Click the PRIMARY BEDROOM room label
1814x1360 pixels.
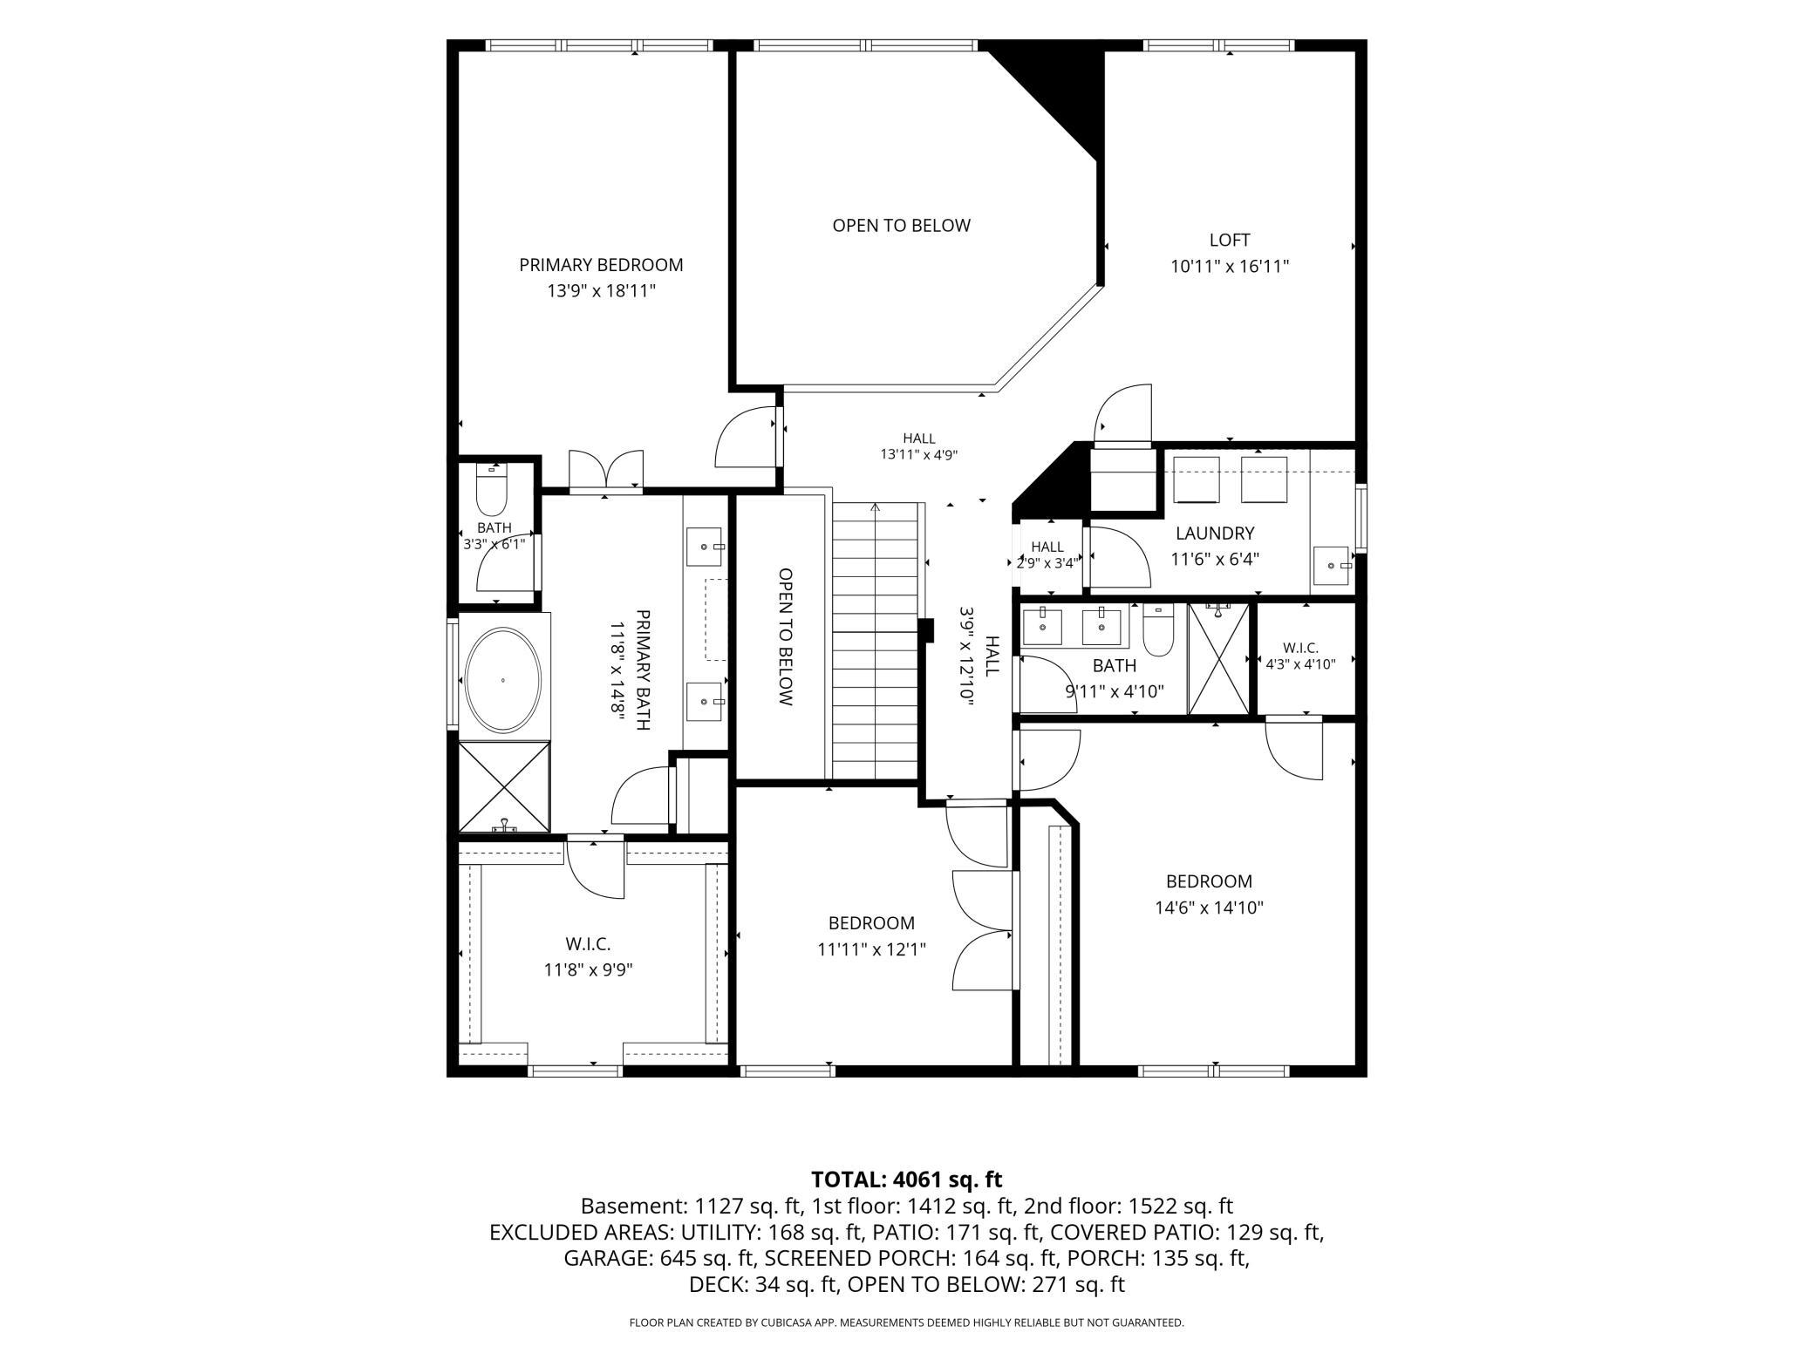601,265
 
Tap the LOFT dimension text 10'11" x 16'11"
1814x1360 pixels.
1229,267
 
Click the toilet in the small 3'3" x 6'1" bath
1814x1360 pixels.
492,492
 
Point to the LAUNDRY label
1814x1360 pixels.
1215,534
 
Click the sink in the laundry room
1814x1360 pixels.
1333,566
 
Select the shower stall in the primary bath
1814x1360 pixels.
504,786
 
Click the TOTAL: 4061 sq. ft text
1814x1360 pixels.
907,1180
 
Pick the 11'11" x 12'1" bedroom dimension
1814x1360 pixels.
871,949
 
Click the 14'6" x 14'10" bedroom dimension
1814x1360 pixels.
1210,908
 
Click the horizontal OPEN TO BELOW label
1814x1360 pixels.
901,226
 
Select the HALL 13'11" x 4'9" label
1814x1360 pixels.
919,446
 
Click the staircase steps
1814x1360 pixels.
875,641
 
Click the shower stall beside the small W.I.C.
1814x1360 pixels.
1219,659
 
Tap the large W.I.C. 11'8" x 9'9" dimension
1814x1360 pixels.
588,969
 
